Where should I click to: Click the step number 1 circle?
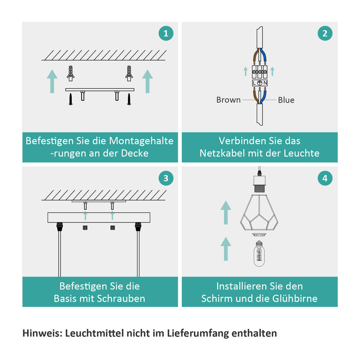coord(166,33)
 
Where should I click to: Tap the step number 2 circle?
coord(325,33)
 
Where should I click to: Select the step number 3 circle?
coord(166,178)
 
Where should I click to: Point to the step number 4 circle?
coord(325,178)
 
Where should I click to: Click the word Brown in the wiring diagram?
coord(228,100)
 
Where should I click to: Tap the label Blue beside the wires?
coord(286,100)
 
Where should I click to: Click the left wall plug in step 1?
coord(70,73)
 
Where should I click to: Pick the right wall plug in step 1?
coord(129,73)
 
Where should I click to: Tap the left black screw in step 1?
coord(70,99)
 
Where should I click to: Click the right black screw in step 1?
coord(129,99)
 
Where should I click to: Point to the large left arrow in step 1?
coord(52,81)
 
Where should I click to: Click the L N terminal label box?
coord(260,83)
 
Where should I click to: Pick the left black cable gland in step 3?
coord(60,227)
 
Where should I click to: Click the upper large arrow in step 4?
coord(226,212)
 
